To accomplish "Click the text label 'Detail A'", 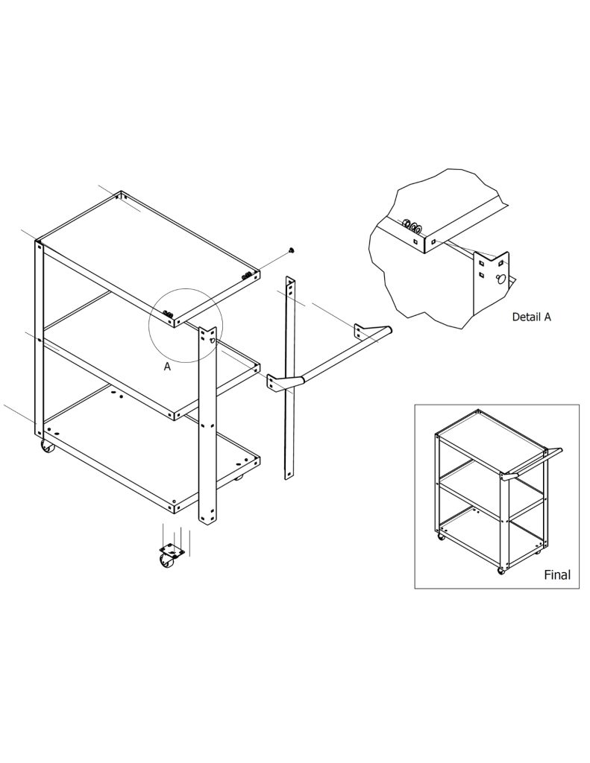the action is [x=531, y=317].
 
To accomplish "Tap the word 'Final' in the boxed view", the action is [x=557, y=574].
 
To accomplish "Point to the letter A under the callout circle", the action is [x=167, y=367].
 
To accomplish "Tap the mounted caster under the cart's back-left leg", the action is [x=47, y=446].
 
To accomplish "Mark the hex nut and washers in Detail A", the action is [x=412, y=227].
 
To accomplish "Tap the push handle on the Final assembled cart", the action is [x=533, y=462].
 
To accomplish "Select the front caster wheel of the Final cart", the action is [x=500, y=571].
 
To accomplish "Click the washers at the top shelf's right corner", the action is [x=247, y=276].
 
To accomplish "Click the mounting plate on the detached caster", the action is [x=172, y=550].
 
